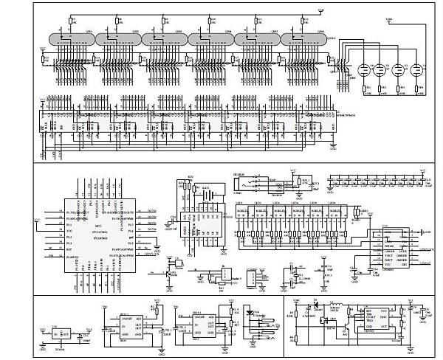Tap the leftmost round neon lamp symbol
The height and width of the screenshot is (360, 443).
(364, 71)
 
